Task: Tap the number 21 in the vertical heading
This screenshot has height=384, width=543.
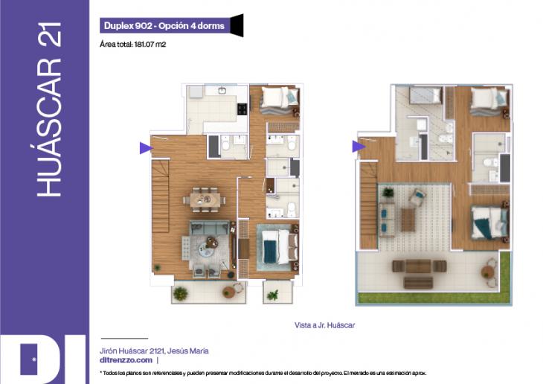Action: [x=51, y=34]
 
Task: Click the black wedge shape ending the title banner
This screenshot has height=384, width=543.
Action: [x=237, y=25]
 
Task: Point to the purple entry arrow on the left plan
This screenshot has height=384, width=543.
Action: [x=146, y=148]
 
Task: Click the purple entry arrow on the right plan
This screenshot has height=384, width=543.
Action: [x=359, y=147]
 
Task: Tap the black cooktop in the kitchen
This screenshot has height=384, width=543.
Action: [x=242, y=109]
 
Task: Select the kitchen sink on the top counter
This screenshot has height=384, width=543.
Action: [x=222, y=91]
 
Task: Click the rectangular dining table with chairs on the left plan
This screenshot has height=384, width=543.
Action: [x=205, y=200]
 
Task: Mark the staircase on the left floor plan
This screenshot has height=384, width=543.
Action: [x=161, y=196]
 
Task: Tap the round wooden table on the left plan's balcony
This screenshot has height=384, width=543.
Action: [x=229, y=291]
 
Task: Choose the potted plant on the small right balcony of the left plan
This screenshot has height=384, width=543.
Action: [x=273, y=295]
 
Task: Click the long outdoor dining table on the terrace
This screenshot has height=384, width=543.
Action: [x=419, y=266]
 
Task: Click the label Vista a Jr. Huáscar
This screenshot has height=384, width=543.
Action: [x=324, y=325]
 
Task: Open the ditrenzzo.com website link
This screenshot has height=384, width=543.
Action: [x=126, y=360]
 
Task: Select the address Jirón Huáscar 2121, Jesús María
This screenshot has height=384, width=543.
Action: [x=154, y=351]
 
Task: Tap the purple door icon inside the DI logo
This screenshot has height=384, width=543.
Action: [x=29, y=359]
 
